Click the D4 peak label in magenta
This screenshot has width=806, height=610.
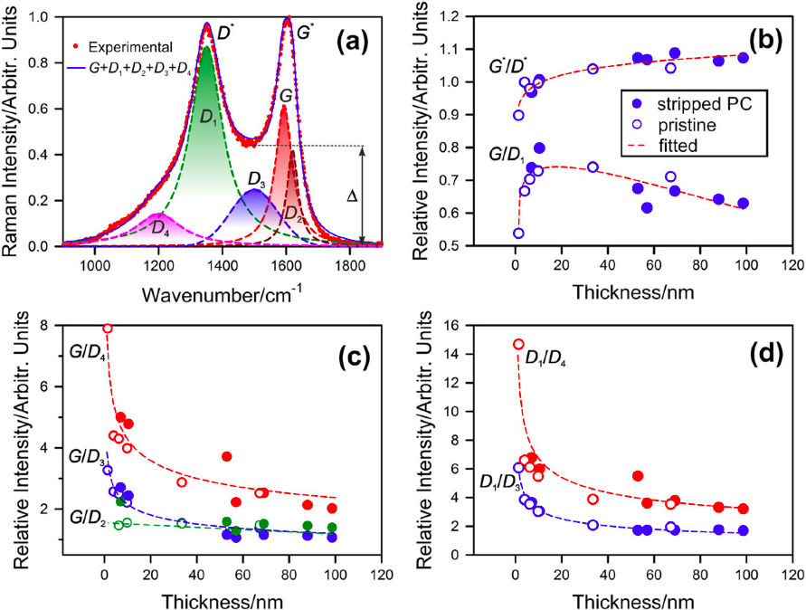click(159, 229)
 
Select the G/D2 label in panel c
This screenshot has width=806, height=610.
click(86, 522)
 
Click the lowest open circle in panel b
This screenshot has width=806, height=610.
click(518, 233)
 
